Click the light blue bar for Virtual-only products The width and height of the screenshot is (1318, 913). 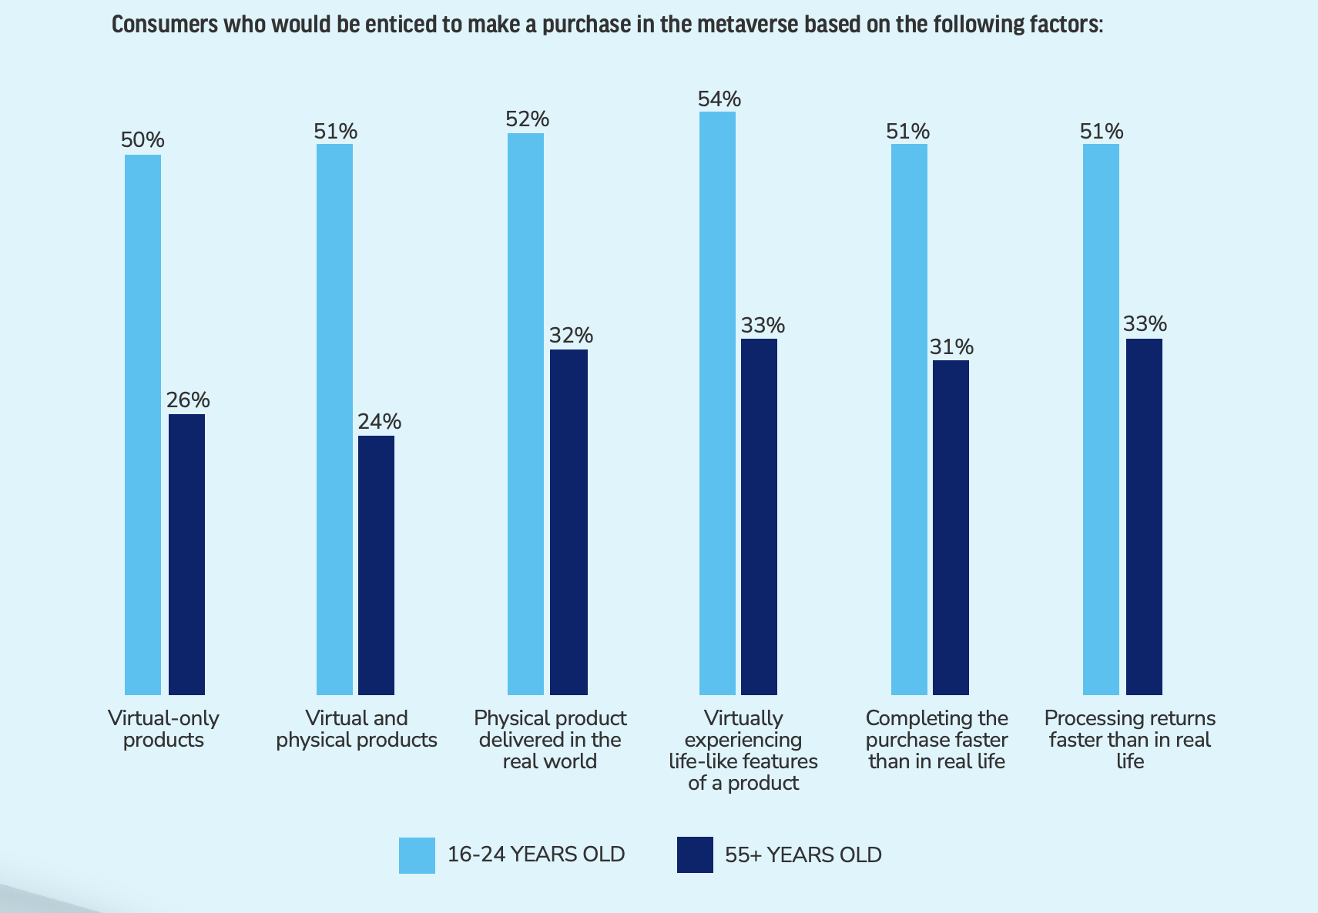click(143, 424)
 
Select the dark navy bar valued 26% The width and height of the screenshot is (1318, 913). click(186, 554)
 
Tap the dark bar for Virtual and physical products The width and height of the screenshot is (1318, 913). click(376, 565)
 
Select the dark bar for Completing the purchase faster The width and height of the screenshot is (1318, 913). click(951, 527)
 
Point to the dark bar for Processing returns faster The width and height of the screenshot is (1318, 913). click(1144, 517)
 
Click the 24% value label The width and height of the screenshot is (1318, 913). click(379, 422)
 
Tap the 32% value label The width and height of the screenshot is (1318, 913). click(571, 336)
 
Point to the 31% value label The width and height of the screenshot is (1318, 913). click(951, 347)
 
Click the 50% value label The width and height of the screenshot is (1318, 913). click(143, 140)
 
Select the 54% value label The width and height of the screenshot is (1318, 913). click(719, 99)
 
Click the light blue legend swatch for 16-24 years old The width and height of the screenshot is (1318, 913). click(417, 855)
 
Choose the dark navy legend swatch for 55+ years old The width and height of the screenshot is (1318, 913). click(695, 855)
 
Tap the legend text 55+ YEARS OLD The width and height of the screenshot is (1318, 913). click(803, 855)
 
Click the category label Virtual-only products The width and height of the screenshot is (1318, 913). click(163, 729)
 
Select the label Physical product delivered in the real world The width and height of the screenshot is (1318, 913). click(550, 740)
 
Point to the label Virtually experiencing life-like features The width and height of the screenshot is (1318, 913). click(743, 751)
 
